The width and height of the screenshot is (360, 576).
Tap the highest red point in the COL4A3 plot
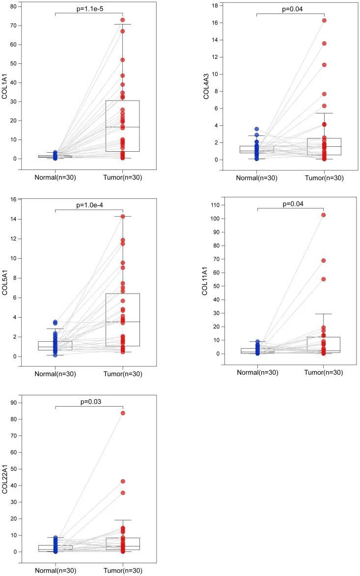tap(324, 21)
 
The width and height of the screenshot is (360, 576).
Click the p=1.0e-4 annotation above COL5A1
tap(89, 205)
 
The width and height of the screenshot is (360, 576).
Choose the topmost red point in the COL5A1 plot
tap(123, 216)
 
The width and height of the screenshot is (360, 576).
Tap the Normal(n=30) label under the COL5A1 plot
tap(55, 374)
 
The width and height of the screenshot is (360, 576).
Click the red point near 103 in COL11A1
tap(324, 215)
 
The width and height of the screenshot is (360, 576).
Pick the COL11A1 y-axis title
tap(205, 282)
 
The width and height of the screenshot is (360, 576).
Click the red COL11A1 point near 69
tap(324, 261)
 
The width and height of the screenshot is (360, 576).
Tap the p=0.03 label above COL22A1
tap(89, 402)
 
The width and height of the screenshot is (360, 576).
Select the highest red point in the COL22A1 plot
tap(123, 413)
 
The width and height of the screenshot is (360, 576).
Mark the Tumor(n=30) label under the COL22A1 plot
tap(123, 570)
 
